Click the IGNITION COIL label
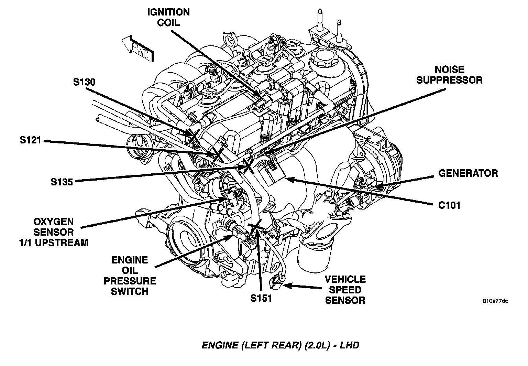click(x=168, y=17)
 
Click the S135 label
click(x=62, y=182)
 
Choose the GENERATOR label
click(x=468, y=173)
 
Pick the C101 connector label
click(x=449, y=205)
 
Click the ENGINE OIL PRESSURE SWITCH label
click(x=130, y=276)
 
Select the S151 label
click(x=261, y=298)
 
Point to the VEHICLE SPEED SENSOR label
click(x=345, y=290)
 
